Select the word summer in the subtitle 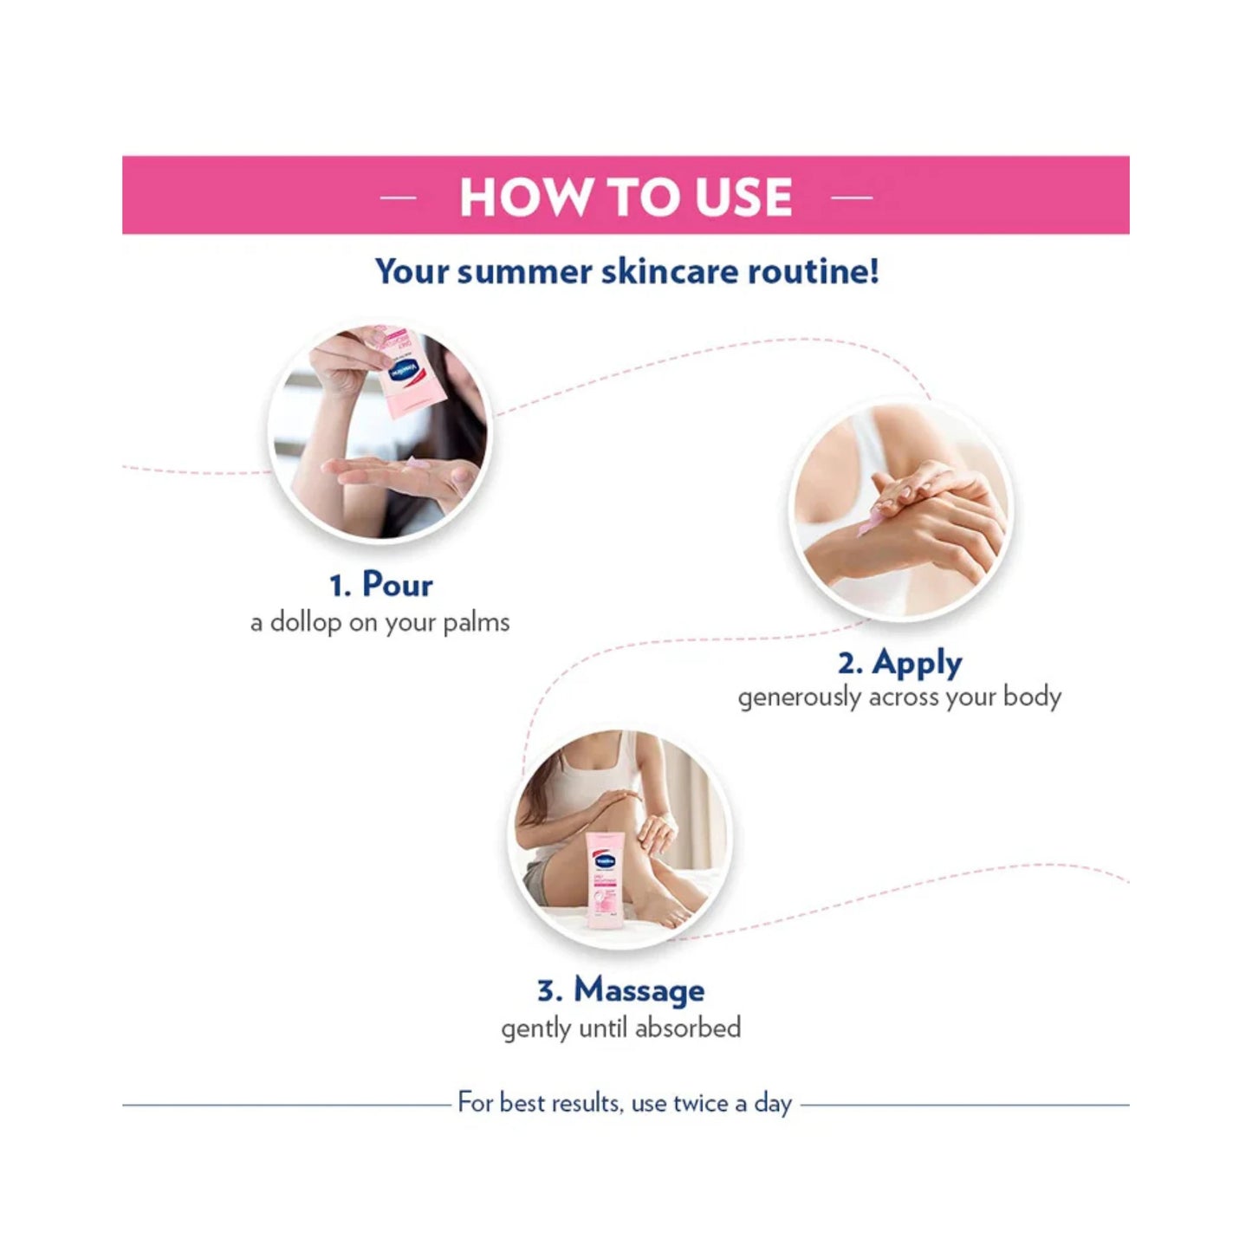[x=523, y=271]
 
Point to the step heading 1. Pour [x=380, y=585]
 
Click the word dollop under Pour [x=305, y=622]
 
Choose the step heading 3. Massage [x=621, y=990]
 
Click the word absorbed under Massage [x=688, y=1028]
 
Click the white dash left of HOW [x=399, y=196]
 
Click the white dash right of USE [x=852, y=196]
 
